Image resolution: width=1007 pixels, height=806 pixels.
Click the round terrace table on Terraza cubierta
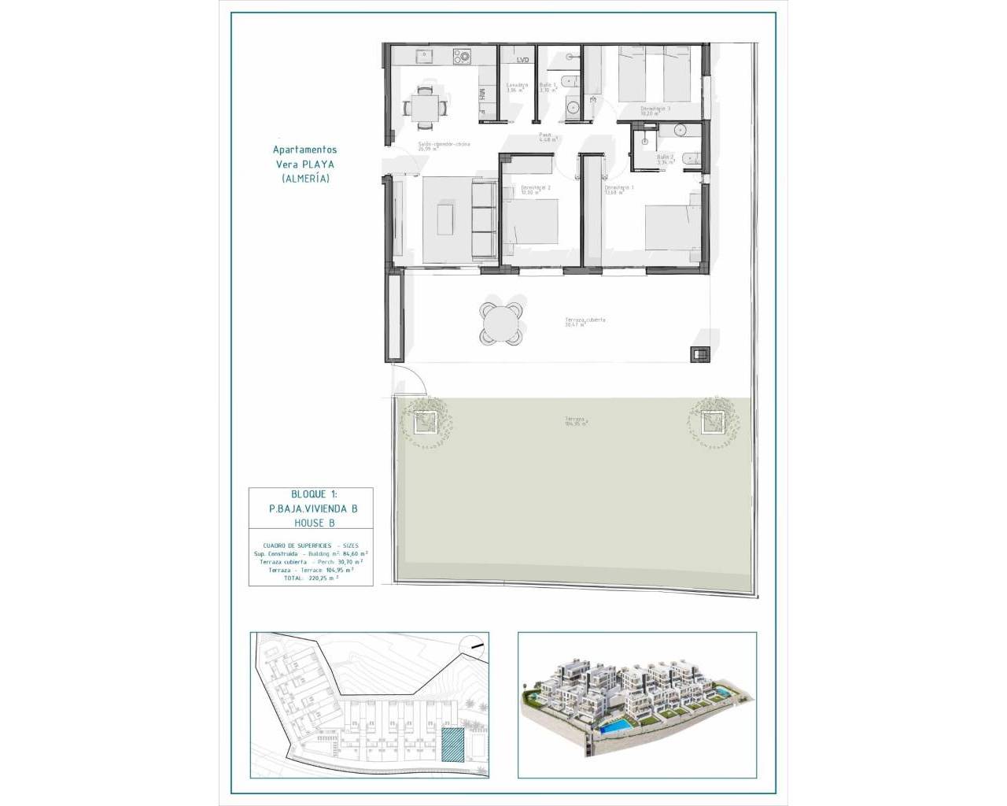(x=501, y=323)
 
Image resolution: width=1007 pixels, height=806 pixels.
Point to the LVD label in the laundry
(x=523, y=60)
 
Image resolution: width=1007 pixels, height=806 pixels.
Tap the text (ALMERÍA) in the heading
(x=305, y=179)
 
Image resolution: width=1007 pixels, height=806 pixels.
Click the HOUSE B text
(x=311, y=523)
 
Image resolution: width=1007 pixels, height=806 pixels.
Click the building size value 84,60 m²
(x=352, y=554)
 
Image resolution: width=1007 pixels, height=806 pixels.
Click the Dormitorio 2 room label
(x=535, y=189)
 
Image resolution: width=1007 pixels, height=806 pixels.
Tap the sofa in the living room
(x=481, y=220)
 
